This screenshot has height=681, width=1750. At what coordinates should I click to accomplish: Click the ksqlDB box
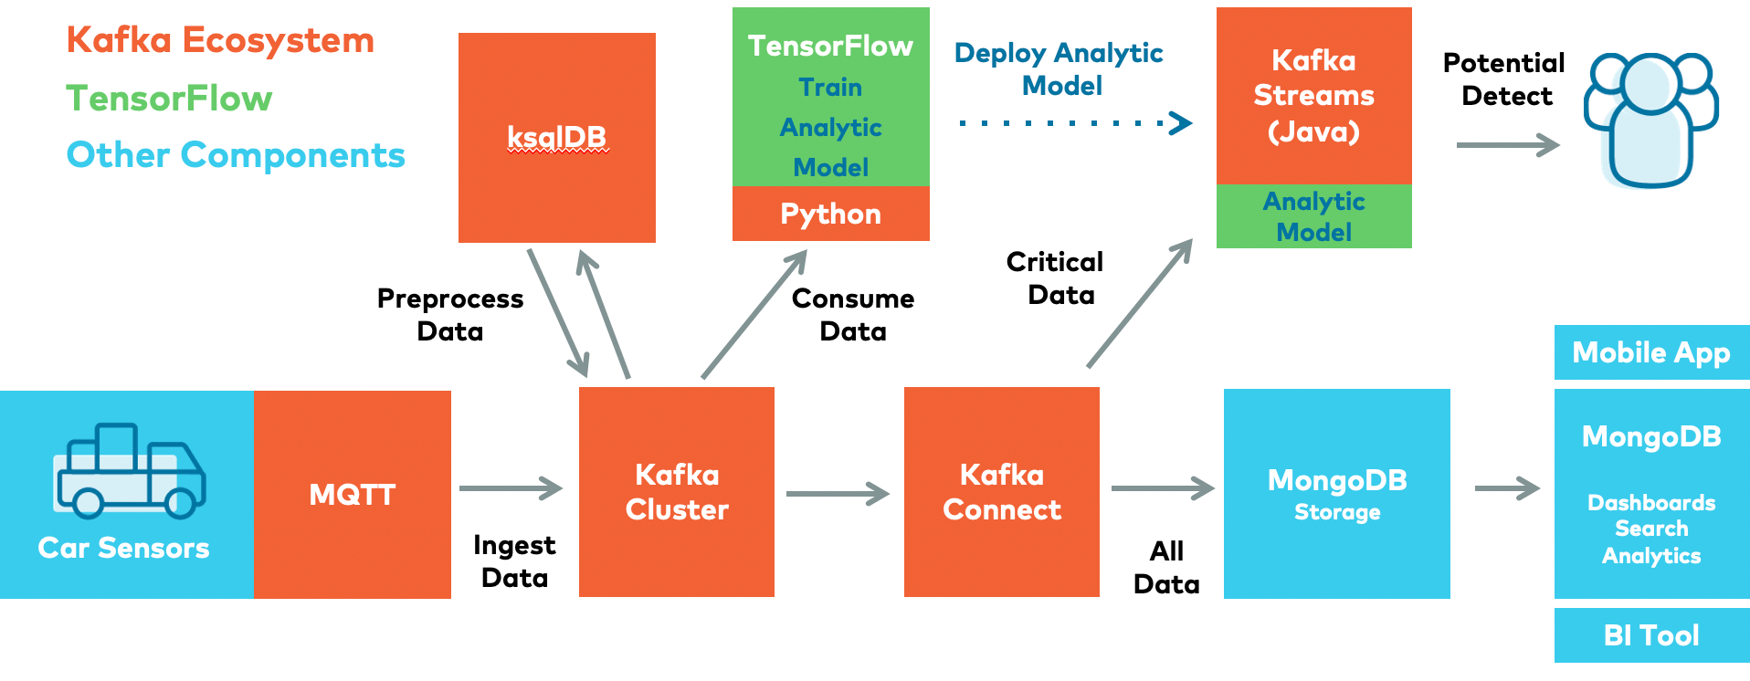(556, 138)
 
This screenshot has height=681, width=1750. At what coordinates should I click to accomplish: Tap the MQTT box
(353, 495)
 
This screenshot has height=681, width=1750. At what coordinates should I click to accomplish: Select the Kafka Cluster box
(677, 492)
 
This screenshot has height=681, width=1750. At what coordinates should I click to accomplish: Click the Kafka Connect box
(1001, 492)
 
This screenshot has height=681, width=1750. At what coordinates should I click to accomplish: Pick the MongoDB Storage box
(1336, 494)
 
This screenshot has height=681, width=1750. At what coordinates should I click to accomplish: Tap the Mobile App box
(1650, 352)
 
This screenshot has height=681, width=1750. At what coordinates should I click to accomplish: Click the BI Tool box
(1650, 635)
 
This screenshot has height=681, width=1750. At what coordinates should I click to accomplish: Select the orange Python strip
(830, 214)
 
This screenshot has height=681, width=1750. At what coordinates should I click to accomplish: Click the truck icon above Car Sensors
(130, 470)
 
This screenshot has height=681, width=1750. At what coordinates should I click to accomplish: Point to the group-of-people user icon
(1650, 119)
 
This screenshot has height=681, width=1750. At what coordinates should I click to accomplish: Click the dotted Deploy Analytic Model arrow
(1075, 122)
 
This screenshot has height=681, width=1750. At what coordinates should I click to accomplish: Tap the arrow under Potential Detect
(1507, 144)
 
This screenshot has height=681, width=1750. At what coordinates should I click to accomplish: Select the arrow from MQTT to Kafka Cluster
(511, 488)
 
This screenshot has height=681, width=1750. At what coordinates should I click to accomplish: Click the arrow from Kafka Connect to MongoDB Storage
(1162, 488)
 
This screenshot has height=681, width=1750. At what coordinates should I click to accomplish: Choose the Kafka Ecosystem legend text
(220, 41)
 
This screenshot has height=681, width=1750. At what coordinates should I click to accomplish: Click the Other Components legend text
(236, 155)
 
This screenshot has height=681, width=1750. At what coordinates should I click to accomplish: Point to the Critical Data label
(1056, 278)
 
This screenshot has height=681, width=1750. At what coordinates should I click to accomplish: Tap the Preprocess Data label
(450, 315)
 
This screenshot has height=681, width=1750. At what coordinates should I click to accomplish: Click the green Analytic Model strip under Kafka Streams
(1313, 216)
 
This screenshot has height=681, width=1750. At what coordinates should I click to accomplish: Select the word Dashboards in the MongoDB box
(1650, 503)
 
